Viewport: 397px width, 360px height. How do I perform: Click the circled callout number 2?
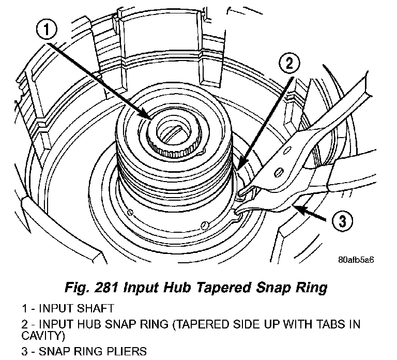tap(289, 64)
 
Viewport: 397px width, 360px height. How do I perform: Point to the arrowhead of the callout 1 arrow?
tap(150, 118)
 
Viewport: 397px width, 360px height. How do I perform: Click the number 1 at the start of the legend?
tap(24, 309)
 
